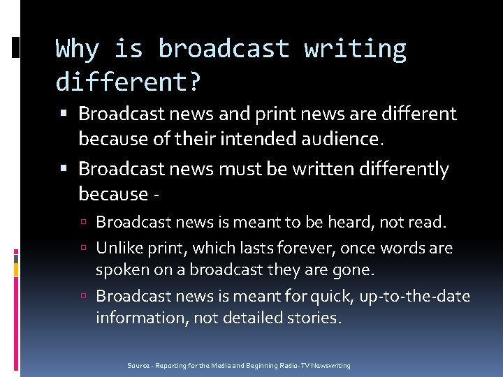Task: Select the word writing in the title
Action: [355, 50]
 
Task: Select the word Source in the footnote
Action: [138, 366]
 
